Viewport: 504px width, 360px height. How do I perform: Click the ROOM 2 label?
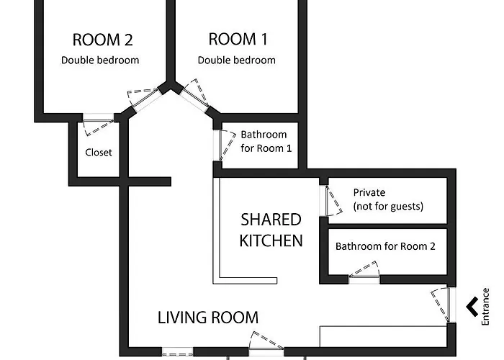pyautogui.click(x=102, y=40)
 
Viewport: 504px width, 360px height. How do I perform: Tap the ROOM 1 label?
pyautogui.click(x=238, y=39)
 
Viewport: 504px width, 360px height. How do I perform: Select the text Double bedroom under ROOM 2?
pyautogui.click(x=100, y=60)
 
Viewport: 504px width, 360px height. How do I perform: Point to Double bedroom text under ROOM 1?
pyautogui.click(x=237, y=60)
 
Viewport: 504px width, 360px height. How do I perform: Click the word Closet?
pyautogui.click(x=99, y=152)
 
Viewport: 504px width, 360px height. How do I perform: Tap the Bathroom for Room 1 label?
pyautogui.click(x=266, y=141)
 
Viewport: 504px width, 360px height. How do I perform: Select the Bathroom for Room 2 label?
pyautogui.click(x=385, y=246)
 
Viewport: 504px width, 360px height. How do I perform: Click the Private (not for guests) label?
pyautogui.click(x=388, y=199)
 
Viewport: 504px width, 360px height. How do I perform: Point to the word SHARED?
pyautogui.click(x=271, y=220)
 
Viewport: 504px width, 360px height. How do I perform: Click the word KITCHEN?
pyautogui.click(x=271, y=240)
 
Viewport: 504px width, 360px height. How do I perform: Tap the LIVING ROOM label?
pyautogui.click(x=208, y=318)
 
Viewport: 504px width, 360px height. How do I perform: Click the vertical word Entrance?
pyautogui.click(x=485, y=307)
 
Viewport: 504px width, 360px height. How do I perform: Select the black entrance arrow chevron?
pyautogui.click(x=471, y=307)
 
